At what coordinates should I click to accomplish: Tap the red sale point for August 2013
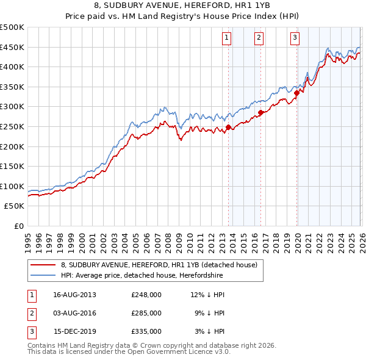tap(229, 127)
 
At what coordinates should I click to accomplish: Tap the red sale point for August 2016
tap(260, 112)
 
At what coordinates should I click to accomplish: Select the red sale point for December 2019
tap(297, 93)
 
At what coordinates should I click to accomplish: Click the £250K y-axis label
tap(12, 126)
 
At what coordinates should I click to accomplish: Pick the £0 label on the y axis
tap(18, 226)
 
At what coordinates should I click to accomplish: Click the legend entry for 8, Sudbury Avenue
tap(159, 265)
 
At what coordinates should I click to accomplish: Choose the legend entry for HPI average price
tap(142, 275)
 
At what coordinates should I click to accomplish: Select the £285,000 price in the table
tap(146, 313)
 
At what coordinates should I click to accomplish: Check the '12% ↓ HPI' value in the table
tap(209, 295)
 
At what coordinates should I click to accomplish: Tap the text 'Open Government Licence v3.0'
tap(177, 351)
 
